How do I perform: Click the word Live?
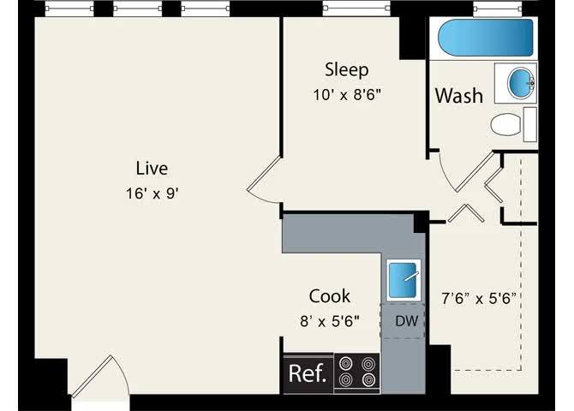click(x=152, y=168)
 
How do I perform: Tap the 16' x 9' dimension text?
click(x=152, y=194)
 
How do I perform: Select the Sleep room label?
click(x=346, y=69)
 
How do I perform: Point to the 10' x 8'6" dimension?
click(x=346, y=94)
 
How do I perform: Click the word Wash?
click(x=458, y=96)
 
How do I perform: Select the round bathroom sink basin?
click(x=519, y=83)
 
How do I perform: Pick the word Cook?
click(x=330, y=296)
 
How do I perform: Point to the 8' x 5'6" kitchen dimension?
click(x=330, y=322)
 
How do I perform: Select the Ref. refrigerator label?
click(x=307, y=374)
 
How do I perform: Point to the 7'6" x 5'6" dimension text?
click(x=482, y=299)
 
